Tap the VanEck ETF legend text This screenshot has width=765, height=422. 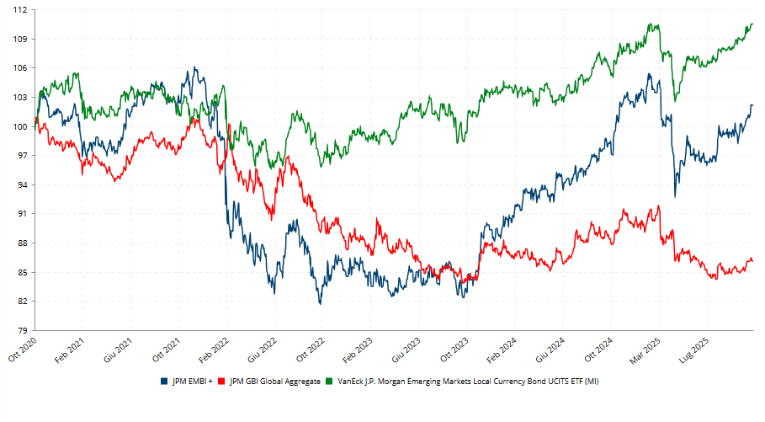tap(468, 382)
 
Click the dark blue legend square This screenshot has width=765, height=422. tap(163, 382)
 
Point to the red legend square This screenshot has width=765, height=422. tap(221, 382)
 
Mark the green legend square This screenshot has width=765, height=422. tap(330, 382)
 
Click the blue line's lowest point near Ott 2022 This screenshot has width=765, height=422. tap(320, 303)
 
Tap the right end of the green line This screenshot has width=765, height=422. tap(752, 24)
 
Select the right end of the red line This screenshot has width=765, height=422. tap(752, 261)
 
